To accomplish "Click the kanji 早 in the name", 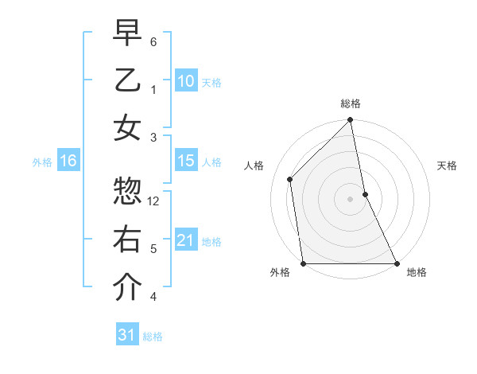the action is click(126, 35).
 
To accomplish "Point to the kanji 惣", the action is click(126, 191).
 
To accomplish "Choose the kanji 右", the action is click(126, 240).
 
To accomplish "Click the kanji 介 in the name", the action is click(126, 287).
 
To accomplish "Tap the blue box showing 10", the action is click(185, 80).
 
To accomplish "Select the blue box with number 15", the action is click(185, 161).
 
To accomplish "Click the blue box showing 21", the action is click(185, 240).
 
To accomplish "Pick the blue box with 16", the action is click(68, 161).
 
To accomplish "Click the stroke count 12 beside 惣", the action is click(154, 201).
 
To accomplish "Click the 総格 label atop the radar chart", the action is click(350, 103).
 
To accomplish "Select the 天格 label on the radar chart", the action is click(447, 166).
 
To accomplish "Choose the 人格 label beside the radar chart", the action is click(254, 166).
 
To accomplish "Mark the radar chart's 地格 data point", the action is click(396, 263).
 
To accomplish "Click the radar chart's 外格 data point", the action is click(303, 263).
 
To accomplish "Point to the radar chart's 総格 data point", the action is click(350, 121).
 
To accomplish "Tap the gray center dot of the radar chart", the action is click(350, 199).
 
